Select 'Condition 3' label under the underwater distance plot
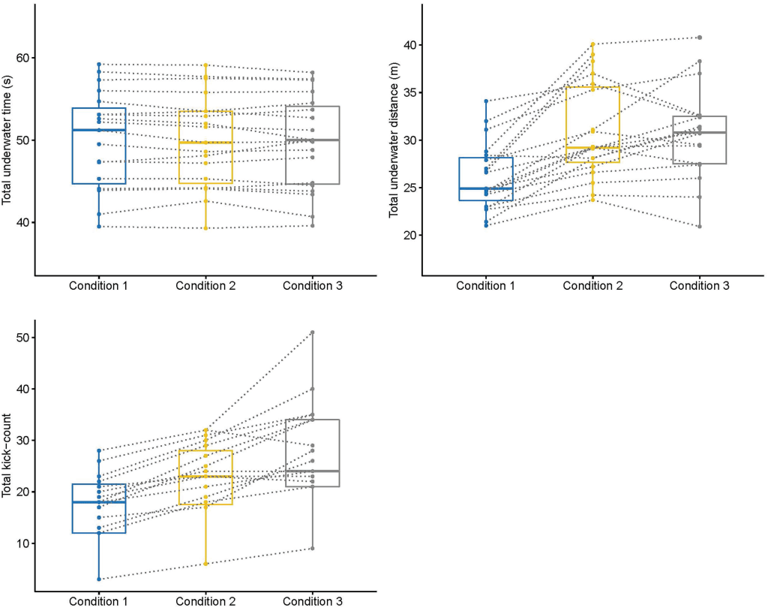coord(699,285)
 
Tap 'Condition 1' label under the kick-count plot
coord(98,601)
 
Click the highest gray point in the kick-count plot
coord(313,333)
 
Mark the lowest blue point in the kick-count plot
coord(98,579)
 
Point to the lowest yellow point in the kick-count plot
coord(205,564)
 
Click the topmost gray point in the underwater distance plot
coord(699,38)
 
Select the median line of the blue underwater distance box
coord(486,188)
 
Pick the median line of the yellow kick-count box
coord(205,477)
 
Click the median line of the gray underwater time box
coord(313,140)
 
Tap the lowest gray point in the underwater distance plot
coord(699,226)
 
